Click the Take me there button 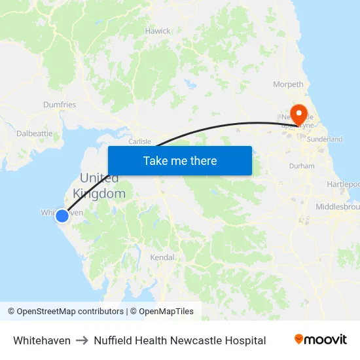click(x=179, y=160)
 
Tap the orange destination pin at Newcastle click(x=300, y=114)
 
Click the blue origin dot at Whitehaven click(x=62, y=215)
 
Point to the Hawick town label click(x=158, y=31)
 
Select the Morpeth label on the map click(x=288, y=84)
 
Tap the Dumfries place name click(x=60, y=105)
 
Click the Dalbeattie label click(x=35, y=133)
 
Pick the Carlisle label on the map click(x=140, y=141)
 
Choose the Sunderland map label click(x=325, y=139)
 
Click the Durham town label click(x=302, y=166)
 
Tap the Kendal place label click(x=162, y=257)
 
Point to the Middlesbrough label click(x=337, y=207)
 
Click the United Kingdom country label click(x=99, y=186)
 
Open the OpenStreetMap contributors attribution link click(x=65, y=312)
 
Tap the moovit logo click(x=320, y=340)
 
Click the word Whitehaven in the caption click(x=42, y=340)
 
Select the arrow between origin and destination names click(x=82, y=340)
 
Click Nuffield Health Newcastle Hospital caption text click(x=179, y=340)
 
